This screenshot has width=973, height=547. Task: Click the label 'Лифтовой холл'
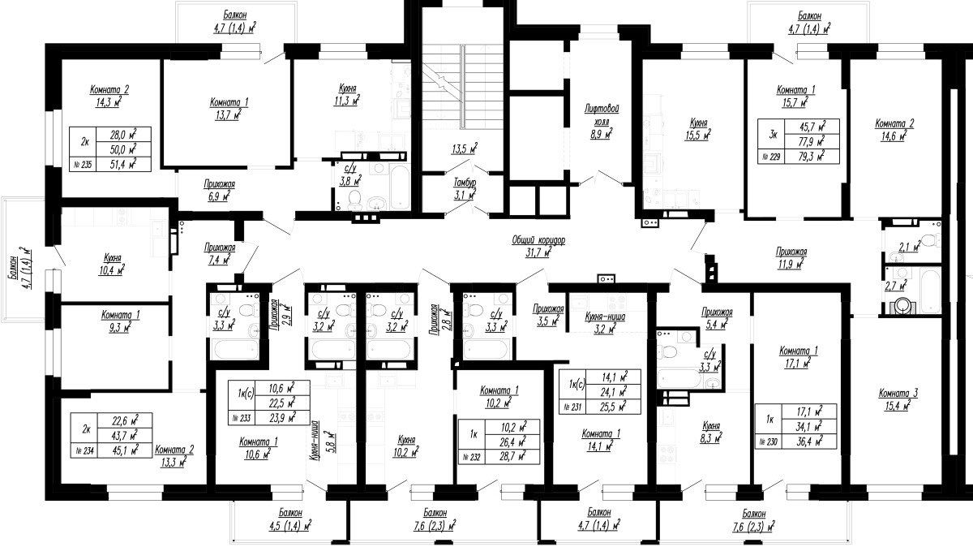tap(602, 114)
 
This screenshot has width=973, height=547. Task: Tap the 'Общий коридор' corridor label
tap(538, 240)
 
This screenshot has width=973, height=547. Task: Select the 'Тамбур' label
tap(465, 183)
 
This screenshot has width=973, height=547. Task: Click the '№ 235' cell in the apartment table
tap(83, 165)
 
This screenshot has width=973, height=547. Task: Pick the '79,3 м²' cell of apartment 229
tap(812, 157)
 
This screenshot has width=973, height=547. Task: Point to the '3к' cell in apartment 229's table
tap(773, 135)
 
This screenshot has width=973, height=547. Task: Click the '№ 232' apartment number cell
tap(472, 457)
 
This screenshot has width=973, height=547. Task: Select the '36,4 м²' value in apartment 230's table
tap(809, 441)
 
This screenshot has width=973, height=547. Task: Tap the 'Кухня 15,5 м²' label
tap(698, 129)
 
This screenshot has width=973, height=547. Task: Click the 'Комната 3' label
tap(898, 394)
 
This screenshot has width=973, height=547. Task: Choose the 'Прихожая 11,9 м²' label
tap(791, 257)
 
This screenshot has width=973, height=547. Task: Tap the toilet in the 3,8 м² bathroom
tap(355, 199)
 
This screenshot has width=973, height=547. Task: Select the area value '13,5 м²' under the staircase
tap(465, 149)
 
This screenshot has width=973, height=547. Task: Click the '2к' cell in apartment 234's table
tap(86, 429)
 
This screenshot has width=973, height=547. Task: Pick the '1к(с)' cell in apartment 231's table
tap(572, 385)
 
